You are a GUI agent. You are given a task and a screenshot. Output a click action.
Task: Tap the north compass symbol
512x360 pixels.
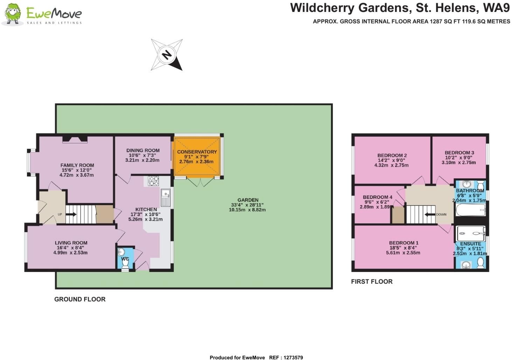pyautogui.click(x=167, y=55)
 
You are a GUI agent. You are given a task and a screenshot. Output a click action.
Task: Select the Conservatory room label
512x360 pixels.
pyautogui.click(x=197, y=152)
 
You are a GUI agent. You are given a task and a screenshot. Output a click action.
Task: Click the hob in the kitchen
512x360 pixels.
pyautogui.click(x=153, y=181)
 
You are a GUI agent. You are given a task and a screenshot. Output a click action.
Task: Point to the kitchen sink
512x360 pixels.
pyautogui.click(x=165, y=198)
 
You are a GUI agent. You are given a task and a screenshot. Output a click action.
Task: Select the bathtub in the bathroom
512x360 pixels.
pyautogui.click(x=471, y=211)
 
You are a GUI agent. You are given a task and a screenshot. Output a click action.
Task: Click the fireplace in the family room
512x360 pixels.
pyautogui.click(x=75, y=140)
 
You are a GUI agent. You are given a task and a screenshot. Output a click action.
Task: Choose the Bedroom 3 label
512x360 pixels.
pyautogui.click(x=459, y=153)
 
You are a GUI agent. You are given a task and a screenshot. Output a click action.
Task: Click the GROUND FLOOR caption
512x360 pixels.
pyautogui.click(x=80, y=299)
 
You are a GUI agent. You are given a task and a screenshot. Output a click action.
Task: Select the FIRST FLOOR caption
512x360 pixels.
pyautogui.click(x=372, y=281)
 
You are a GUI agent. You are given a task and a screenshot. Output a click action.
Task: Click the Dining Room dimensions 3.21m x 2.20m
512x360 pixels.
pyautogui.click(x=142, y=160)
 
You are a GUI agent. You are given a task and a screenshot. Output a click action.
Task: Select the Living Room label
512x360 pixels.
pyautogui.click(x=71, y=243)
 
